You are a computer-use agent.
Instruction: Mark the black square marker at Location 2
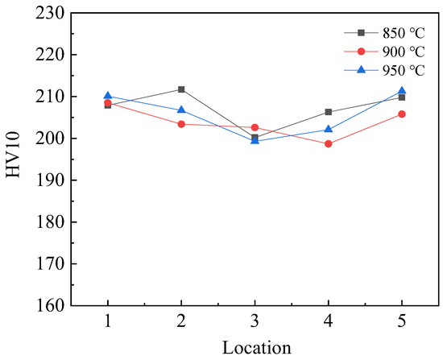(181, 89)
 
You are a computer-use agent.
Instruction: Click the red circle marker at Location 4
(329, 144)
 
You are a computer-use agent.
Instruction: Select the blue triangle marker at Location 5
(402, 91)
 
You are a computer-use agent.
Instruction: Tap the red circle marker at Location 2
(181, 124)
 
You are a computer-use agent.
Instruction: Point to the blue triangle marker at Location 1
(108, 96)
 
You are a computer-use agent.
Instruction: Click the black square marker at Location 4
(329, 112)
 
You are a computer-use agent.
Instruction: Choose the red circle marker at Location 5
(402, 114)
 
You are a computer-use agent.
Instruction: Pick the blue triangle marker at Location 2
(181, 110)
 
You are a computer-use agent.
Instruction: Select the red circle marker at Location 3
(255, 127)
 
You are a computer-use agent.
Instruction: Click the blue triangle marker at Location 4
(329, 129)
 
